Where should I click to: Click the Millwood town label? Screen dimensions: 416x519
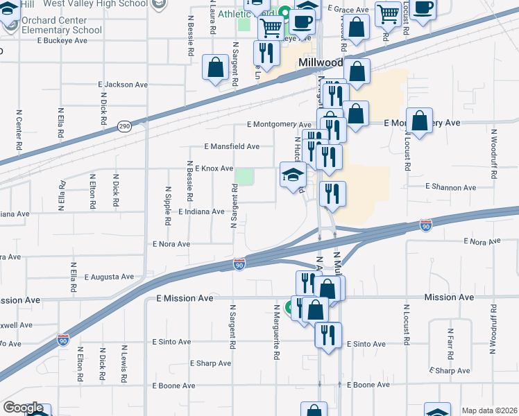click(320, 62)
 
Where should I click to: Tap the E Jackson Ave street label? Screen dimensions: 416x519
click(124, 85)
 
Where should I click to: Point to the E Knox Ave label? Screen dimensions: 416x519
click(214, 168)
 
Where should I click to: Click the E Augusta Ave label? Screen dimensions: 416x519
click(109, 277)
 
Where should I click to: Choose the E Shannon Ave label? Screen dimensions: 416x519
click(451, 187)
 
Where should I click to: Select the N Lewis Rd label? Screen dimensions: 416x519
click(125, 363)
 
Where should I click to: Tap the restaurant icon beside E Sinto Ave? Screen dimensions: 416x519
click(327, 334)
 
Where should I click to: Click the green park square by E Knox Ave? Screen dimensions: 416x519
click(244, 176)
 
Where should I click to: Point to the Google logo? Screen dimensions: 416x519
click(22, 408)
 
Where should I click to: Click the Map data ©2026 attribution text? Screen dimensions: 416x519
click(489, 410)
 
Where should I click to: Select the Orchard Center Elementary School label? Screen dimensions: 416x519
click(61, 25)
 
